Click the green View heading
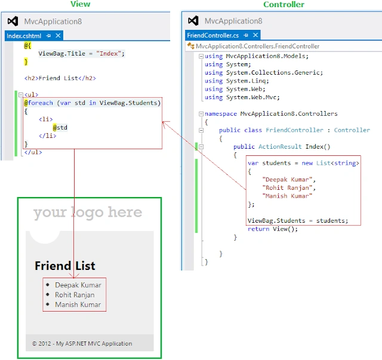80,4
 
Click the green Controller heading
284,4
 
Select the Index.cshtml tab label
24,36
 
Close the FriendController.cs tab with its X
255,35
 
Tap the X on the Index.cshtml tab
58,36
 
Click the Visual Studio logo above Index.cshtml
13,21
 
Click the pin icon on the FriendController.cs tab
246,35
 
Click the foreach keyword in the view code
40,103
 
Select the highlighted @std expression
60,128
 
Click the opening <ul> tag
31,94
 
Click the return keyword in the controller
258,229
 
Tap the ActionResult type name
280,146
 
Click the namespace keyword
221,114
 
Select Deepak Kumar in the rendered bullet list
78,285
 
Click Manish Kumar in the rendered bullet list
78,304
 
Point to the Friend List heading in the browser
65,266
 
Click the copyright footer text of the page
82,343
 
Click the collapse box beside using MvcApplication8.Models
201,56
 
